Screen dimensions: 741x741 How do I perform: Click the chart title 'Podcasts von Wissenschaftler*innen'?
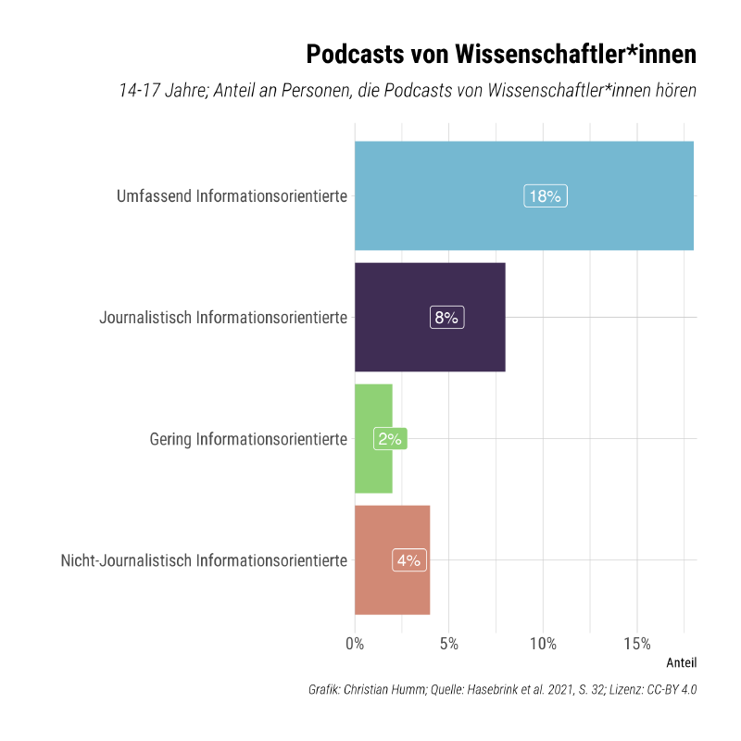[500, 55]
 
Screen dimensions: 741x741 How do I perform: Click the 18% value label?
[545, 196]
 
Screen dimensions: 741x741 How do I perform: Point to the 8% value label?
[446, 318]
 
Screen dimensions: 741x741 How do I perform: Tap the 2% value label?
[389, 439]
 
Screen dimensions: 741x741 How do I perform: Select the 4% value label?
[408, 560]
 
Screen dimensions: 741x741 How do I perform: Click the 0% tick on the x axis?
[355, 644]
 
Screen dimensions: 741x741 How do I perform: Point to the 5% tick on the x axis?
[449, 644]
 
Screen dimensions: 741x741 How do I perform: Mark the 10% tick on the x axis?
[543, 644]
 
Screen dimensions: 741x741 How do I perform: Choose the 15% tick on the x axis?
[637, 644]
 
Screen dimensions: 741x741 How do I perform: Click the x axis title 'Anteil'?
[681, 663]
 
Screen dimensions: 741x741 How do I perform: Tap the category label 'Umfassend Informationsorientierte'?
[232, 196]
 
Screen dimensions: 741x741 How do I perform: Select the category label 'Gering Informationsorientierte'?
[248, 439]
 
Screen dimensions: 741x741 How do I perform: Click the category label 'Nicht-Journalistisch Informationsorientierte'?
[204, 560]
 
